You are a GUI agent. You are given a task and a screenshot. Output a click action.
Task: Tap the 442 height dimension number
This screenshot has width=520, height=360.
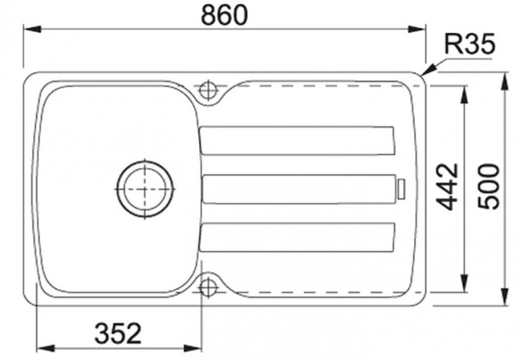point(447,186)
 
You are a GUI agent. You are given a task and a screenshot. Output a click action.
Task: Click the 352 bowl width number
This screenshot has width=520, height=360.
point(116,333)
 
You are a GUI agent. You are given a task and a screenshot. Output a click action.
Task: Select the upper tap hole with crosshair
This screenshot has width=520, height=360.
point(208,88)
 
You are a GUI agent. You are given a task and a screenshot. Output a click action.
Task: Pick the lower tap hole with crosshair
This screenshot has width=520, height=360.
point(208,286)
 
